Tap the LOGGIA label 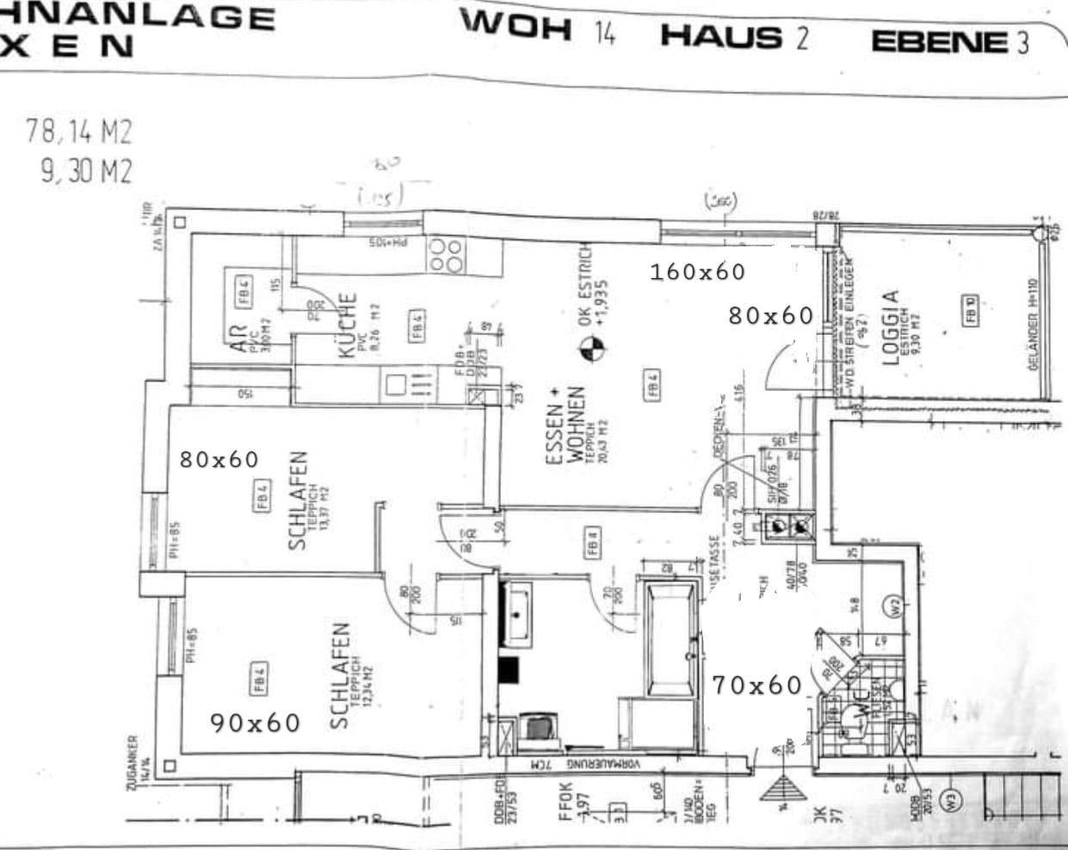(891, 327)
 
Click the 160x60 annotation (697, 272)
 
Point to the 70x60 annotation (756, 686)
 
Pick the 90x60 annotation (256, 723)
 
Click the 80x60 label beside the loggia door (770, 316)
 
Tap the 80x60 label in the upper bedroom (219, 460)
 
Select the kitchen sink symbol (398, 383)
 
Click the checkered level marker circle (591, 349)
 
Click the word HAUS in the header (721, 37)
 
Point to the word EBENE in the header (939, 42)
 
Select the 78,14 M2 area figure (79, 133)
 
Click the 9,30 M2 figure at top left (86, 172)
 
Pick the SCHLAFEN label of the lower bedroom (340, 676)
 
